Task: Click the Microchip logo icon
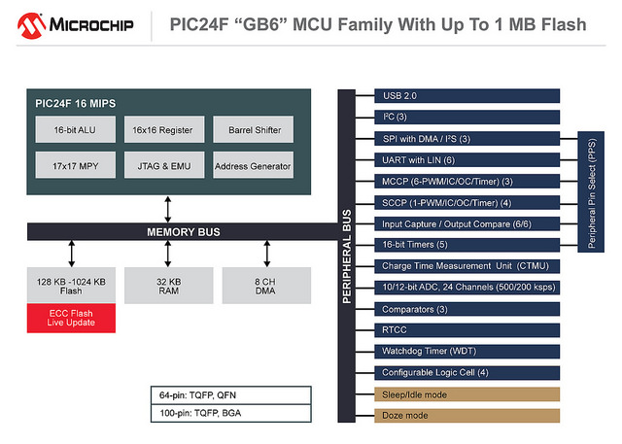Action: click(x=29, y=23)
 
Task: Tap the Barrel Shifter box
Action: click(x=253, y=129)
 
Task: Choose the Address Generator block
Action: click(x=253, y=165)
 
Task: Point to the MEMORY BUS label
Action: click(x=183, y=231)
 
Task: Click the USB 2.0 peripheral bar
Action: click(x=466, y=96)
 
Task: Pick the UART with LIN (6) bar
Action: click(x=466, y=159)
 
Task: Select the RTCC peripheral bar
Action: click(x=466, y=329)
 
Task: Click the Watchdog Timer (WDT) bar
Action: click(x=466, y=351)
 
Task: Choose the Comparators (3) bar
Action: click(x=466, y=308)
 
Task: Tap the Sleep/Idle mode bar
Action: click(x=466, y=393)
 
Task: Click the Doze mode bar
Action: click(x=466, y=415)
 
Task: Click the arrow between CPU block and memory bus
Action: click(x=169, y=208)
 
